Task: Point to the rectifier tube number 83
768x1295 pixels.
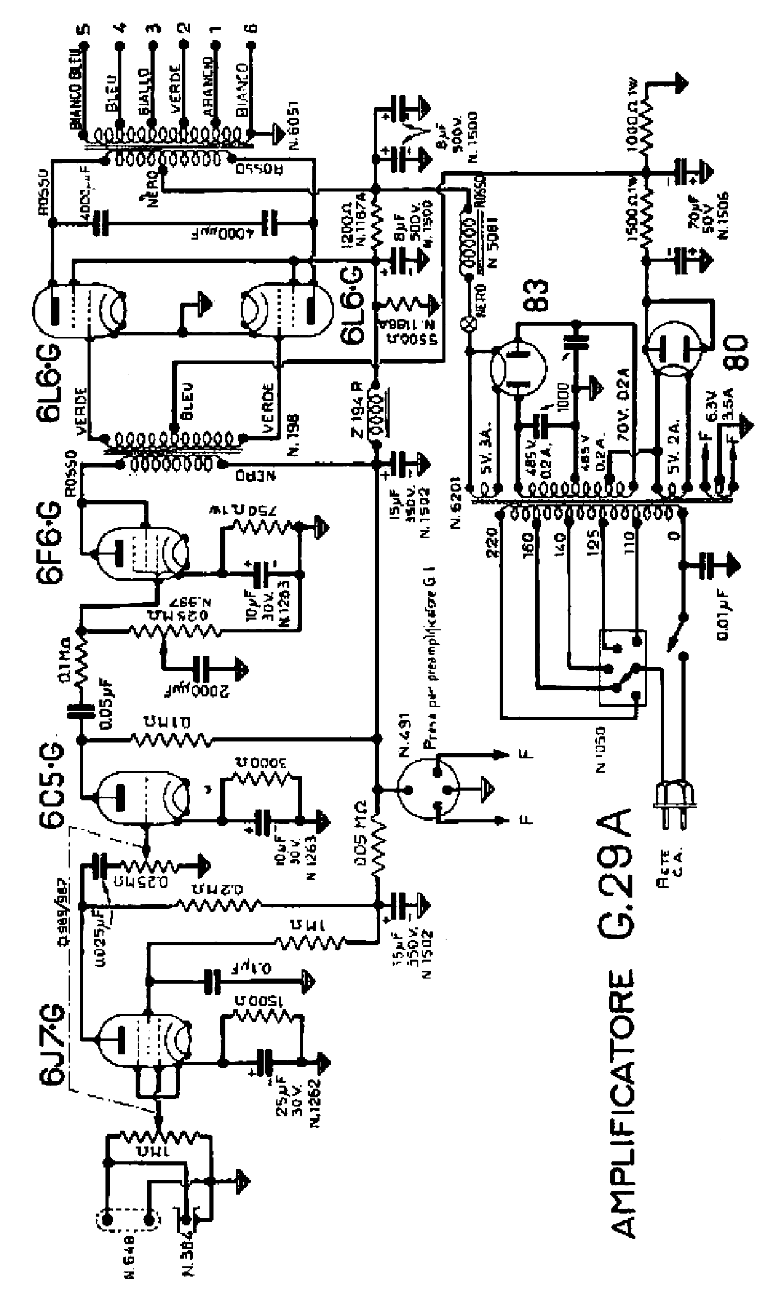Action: [x=536, y=295]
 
